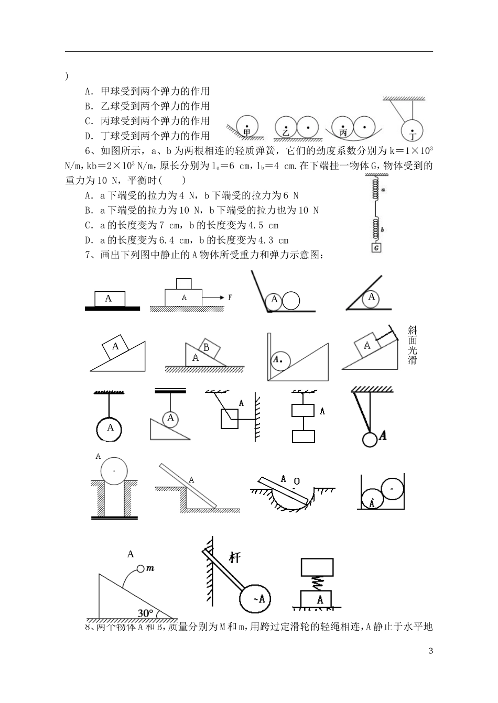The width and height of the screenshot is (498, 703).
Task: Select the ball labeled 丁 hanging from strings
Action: (413, 131)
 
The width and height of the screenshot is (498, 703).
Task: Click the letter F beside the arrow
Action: (230, 298)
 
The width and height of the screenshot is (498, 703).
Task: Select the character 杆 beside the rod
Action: (234, 557)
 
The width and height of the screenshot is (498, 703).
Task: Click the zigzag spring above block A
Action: (317, 582)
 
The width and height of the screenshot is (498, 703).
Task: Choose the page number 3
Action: (431, 651)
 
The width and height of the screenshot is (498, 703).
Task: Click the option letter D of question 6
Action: (88, 240)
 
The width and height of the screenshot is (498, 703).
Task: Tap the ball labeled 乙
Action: (286, 127)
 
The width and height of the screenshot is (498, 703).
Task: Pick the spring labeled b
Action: (376, 229)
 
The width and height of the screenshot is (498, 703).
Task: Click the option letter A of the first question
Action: (88, 91)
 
